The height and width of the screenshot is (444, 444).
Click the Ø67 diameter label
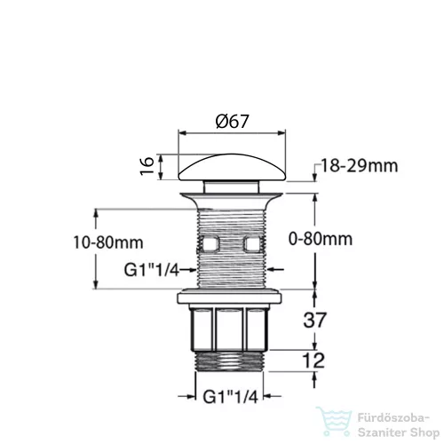click(233, 122)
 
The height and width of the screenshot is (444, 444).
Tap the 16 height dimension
click(147, 166)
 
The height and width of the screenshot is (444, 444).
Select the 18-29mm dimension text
click(360, 166)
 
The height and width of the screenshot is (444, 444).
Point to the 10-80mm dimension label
click(108, 242)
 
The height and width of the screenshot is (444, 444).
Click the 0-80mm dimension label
click(321, 239)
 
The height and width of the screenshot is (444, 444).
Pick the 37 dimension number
click(314, 320)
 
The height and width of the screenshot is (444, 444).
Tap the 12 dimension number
click(313, 361)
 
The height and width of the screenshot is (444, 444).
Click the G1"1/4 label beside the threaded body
click(152, 270)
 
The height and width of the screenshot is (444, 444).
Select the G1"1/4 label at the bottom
click(231, 397)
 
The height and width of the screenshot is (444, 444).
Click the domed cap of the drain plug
click(232, 167)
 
